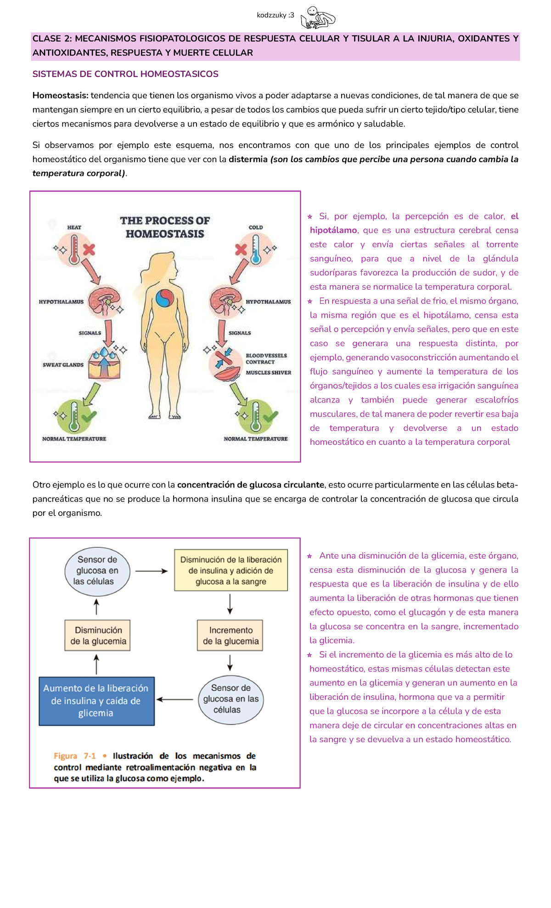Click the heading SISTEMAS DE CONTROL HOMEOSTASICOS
coord(125,74)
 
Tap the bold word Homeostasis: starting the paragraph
coord(60,96)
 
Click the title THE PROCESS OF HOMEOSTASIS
coord(165,227)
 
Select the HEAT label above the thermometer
coord(74,227)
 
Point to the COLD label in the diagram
coord(256,227)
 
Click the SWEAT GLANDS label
coord(63,365)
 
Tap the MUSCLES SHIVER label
coord(268,373)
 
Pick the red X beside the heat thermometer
coord(89,250)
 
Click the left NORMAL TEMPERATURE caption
coord(74,439)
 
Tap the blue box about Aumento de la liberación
coord(96,701)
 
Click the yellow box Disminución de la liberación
coord(231,570)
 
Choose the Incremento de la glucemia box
coord(230,636)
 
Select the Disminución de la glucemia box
coord(98,636)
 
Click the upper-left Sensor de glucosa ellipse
coord(97,570)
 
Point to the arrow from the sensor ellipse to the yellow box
coord(152,571)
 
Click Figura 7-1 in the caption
coord(74,756)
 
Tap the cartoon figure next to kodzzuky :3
coord(318,18)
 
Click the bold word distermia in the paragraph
coord(248,159)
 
